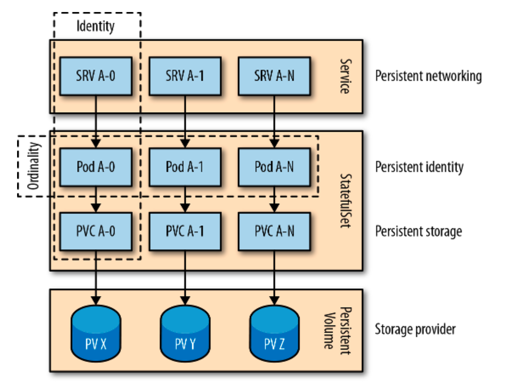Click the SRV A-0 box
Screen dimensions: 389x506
click(x=96, y=76)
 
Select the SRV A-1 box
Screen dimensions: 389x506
click(x=185, y=76)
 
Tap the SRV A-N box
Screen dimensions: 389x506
click(x=274, y=76)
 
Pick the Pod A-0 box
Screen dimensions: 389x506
click(x=96, y=167)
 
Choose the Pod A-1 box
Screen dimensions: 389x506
click(x=185, y=167)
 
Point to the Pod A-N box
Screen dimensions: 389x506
click(x=274, y=167)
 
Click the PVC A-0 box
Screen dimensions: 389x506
click(x=96, y=231)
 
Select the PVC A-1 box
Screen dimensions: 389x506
click(x=185, y=231)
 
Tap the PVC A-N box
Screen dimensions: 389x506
click(x=274, y=231)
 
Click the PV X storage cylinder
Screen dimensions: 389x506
click(x=96, y=333)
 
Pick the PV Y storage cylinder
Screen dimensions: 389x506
click(x=185, y=333)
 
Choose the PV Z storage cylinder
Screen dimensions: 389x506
click(x=274, y=333)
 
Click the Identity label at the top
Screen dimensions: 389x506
click(x=95, y=26)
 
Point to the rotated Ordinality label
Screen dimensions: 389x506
click(x=33, y=166)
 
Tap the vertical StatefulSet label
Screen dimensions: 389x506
click(x=346, y=201)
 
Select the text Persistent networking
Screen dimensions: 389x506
click(x=428, y=76)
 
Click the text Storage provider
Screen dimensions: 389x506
click(x=415, y=329)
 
